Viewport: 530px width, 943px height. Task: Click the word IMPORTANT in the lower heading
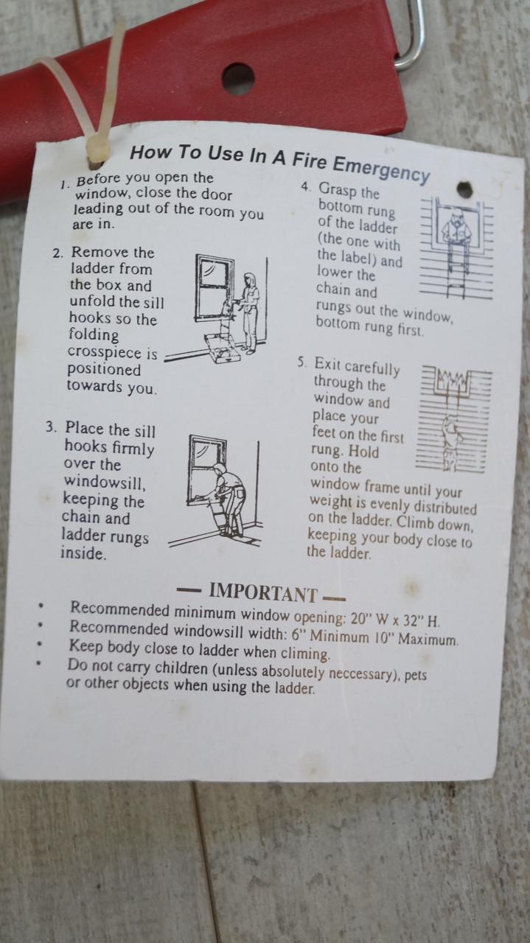pyautogui.click(x=263, y=593)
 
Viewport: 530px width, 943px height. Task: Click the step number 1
pyautogui.click(x=64, y=184)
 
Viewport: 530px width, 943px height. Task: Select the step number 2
pyautogui.click(x=58, y=253)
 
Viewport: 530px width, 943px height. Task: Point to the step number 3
pyautogui.click(x=52, y=427)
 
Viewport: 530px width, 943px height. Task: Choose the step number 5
pyautogui.click(x=302, y=362)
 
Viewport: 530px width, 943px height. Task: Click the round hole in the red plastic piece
pyautogui.click(x=238, y=79)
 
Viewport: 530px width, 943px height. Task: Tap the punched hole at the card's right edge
pyautogui.click(x=464, y=189)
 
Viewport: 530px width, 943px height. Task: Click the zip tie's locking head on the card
pyautogui.click(x=97, y=150)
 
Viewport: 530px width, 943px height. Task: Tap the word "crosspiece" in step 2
pyautogui.click(x=113, y=352)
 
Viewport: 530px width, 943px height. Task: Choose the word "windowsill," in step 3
pyautogui.click(x=105, y=482)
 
